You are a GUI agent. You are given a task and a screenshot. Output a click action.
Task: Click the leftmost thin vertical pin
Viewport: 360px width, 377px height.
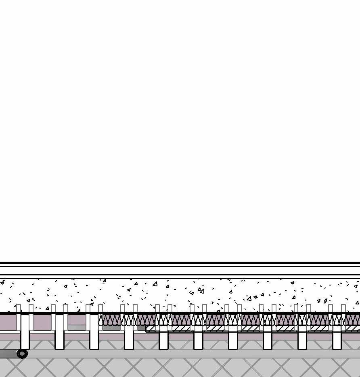[x=19, y=317]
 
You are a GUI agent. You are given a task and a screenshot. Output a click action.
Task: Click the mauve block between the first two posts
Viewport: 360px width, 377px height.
[x=42, y=322]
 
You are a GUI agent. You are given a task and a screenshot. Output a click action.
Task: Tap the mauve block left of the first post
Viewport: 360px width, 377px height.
[x=8, y=322]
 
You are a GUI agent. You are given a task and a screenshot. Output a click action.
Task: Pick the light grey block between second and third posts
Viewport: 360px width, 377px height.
[x=77, y=327]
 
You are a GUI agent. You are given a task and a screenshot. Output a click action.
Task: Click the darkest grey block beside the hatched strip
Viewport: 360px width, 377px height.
[x=141, y=328]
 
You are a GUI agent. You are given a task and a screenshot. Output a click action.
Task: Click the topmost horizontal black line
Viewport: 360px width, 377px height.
[x=180, y=262]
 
